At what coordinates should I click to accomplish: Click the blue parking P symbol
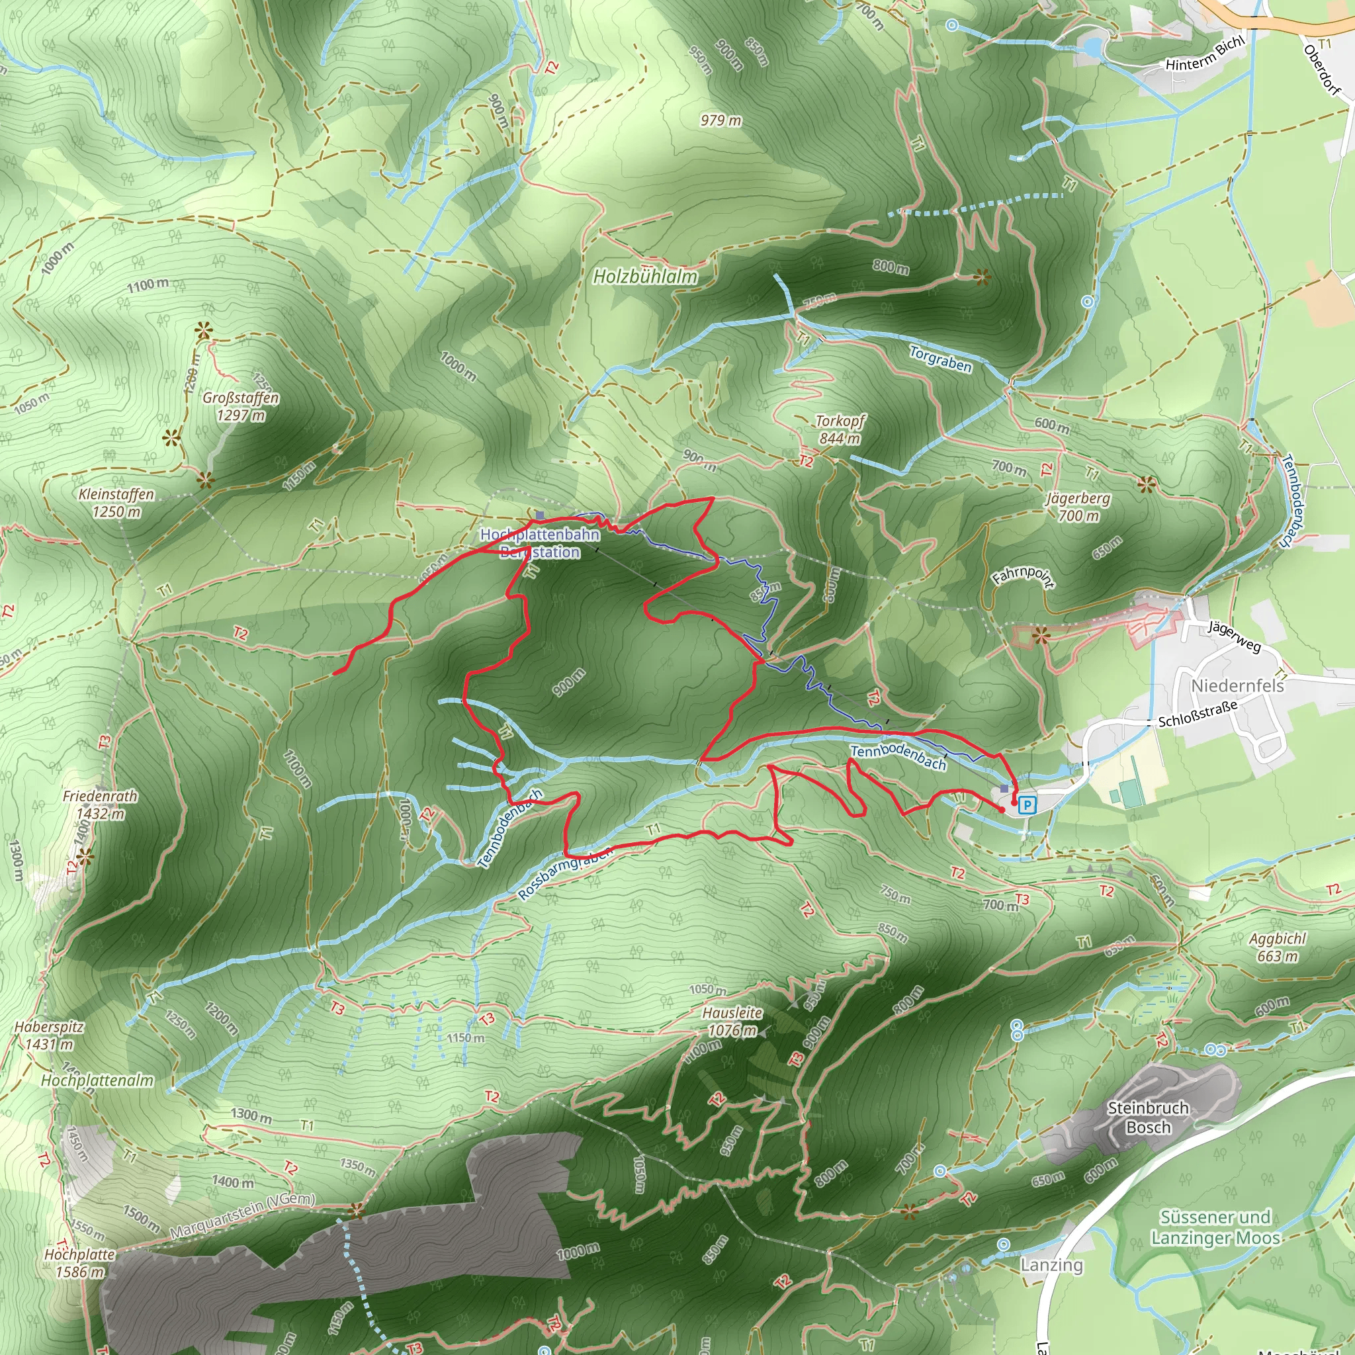click(1027, 805)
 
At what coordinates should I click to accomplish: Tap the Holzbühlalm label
click(645, 277)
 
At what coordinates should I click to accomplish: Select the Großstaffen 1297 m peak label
click(241, 406)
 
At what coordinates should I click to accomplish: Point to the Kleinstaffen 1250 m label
click(116, 503)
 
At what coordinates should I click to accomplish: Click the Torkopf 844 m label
click(840, 429)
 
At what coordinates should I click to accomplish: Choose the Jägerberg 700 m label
click(1078, 507)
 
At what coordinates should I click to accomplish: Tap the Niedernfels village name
click(1238, 685)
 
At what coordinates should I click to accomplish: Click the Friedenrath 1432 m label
click(101, 805)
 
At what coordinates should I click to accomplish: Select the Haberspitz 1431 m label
click(49, 1035)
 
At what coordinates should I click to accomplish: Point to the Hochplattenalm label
click(97, 1080)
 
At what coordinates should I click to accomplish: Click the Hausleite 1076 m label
click(733, 1021)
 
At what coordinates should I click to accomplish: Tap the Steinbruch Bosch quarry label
click(1148, 1117)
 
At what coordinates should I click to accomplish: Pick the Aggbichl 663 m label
click(1277, 947)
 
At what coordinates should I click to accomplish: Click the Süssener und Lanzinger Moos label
click(1215, 1227)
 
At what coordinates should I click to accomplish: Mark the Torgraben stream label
click(941, 359)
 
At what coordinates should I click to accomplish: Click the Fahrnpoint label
click(1024, 576)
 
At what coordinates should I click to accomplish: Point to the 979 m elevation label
click(721, 120)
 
